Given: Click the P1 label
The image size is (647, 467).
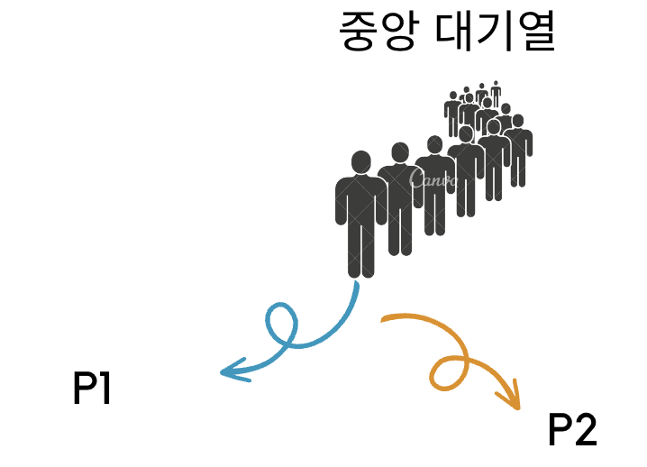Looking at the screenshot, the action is pyautogui.click(x=92, y=389).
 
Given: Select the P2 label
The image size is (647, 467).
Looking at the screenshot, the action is pyautogui.click(x=572, y=430).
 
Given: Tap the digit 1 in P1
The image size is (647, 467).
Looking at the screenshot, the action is pyautogui.click(x=105, y=389).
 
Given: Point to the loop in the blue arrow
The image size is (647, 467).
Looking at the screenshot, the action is pyautogui.click(x=281, y=323).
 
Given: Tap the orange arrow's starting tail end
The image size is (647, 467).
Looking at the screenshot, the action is pyautogui.click(x=384, y=317).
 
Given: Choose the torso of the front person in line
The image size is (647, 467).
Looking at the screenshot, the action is pyautogui.click(x=360, y=203).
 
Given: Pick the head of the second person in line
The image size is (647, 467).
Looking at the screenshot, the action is pyautogui.click(x=398, y=154).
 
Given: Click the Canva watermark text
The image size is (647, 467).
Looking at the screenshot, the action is pyautogui.click(x=433, y=179).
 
